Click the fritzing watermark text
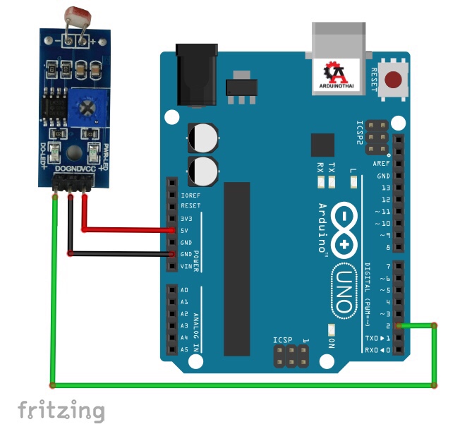point(61,410)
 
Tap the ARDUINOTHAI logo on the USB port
point(338,76)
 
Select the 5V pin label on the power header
point(186,230)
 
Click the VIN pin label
point(187,266)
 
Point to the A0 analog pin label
point(185,290)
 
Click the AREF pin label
point(382,163)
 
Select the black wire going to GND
point(120,253)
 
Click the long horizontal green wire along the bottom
point(240,385)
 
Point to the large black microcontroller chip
point(236,268)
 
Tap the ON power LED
point(332,330)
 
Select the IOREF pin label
point(190,195)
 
